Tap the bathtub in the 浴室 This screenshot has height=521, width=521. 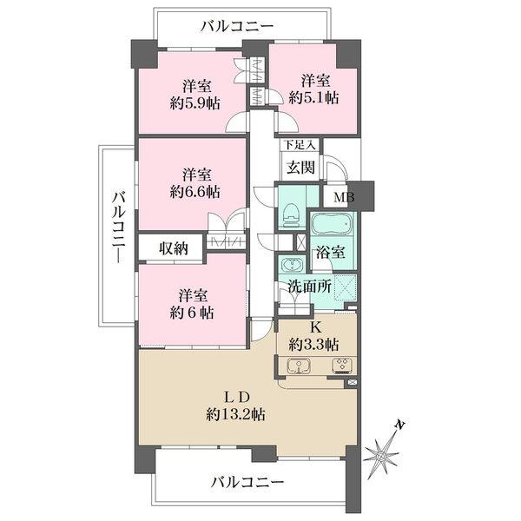[x=332, y=224]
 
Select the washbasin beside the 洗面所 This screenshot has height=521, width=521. [x=292, y=265]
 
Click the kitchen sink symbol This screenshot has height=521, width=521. [x=299, y=366]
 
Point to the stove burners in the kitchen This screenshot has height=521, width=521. [x=342, y=366]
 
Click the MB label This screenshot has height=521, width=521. [x=344, y=197]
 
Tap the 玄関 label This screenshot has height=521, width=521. [x=300, y=167]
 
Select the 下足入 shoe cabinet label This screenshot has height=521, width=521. [x=300, y=145]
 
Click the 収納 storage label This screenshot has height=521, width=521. [x=174, y=248]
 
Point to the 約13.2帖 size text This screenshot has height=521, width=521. [x=235, y=414]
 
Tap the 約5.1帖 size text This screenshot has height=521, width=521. [x=314, y=97]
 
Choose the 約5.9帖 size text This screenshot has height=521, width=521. [x=195, y=103]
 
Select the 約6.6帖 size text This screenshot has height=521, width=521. [x=195, y=192]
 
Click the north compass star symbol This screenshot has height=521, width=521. [x=381, y=456]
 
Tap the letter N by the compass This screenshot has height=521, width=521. [x=400, y=425]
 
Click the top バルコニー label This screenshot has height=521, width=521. [x=237, y=27]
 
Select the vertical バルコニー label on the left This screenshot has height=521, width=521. [x=119, y=228]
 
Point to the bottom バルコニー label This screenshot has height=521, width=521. [x=247, y=481]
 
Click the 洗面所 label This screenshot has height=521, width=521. [x=310, y=286]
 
